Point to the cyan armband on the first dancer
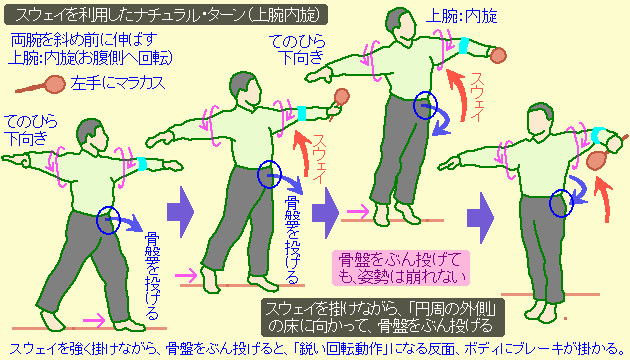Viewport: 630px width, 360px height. (x=145, y=163)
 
